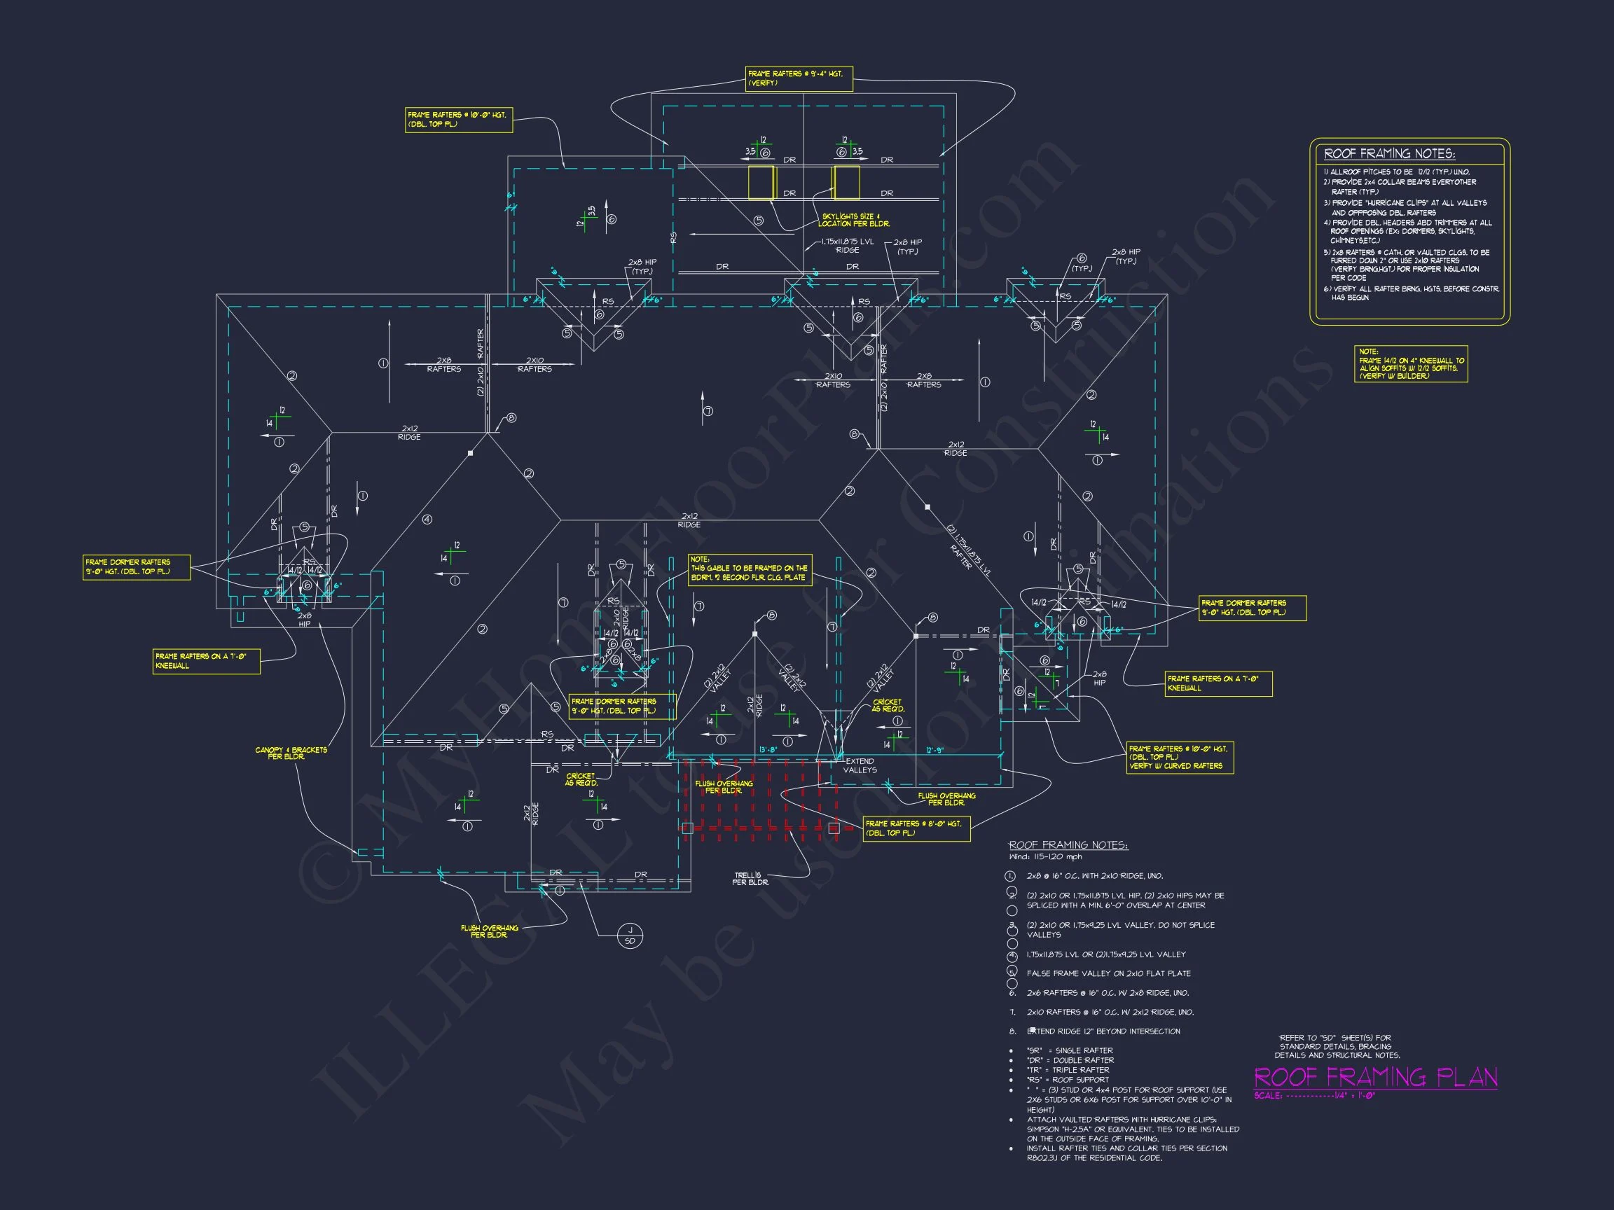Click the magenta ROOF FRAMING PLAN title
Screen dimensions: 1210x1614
tap(1374, 1077)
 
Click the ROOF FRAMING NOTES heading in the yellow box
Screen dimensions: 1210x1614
tap(1388, 154)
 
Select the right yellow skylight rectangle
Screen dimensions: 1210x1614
tap(846, 182)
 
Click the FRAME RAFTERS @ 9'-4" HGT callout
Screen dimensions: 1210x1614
tap(799, 78)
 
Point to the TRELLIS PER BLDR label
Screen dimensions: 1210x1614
tap(751, 879)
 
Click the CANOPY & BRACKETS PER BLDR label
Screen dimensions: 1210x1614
tap(291, 753)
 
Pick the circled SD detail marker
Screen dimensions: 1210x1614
tap(630, 935)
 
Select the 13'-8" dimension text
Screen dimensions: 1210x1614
tap(768, 750)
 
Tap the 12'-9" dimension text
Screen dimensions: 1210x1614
tap(935, 751)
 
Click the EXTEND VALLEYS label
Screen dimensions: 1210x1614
tap(860, 765)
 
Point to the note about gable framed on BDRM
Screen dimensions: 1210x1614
tap(750, 572)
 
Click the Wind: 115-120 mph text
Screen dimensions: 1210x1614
tap(1045, 857)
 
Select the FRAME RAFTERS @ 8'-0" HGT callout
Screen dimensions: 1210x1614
tap(916, 828)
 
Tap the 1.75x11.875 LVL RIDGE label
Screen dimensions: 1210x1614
tap(847, 246)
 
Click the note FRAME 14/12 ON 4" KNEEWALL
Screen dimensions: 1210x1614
tap(1410, 364)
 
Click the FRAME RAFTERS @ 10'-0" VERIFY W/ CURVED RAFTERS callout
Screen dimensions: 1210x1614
tap(1180, 758)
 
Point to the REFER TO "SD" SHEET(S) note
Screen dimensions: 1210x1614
tap(1337, 1046)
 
